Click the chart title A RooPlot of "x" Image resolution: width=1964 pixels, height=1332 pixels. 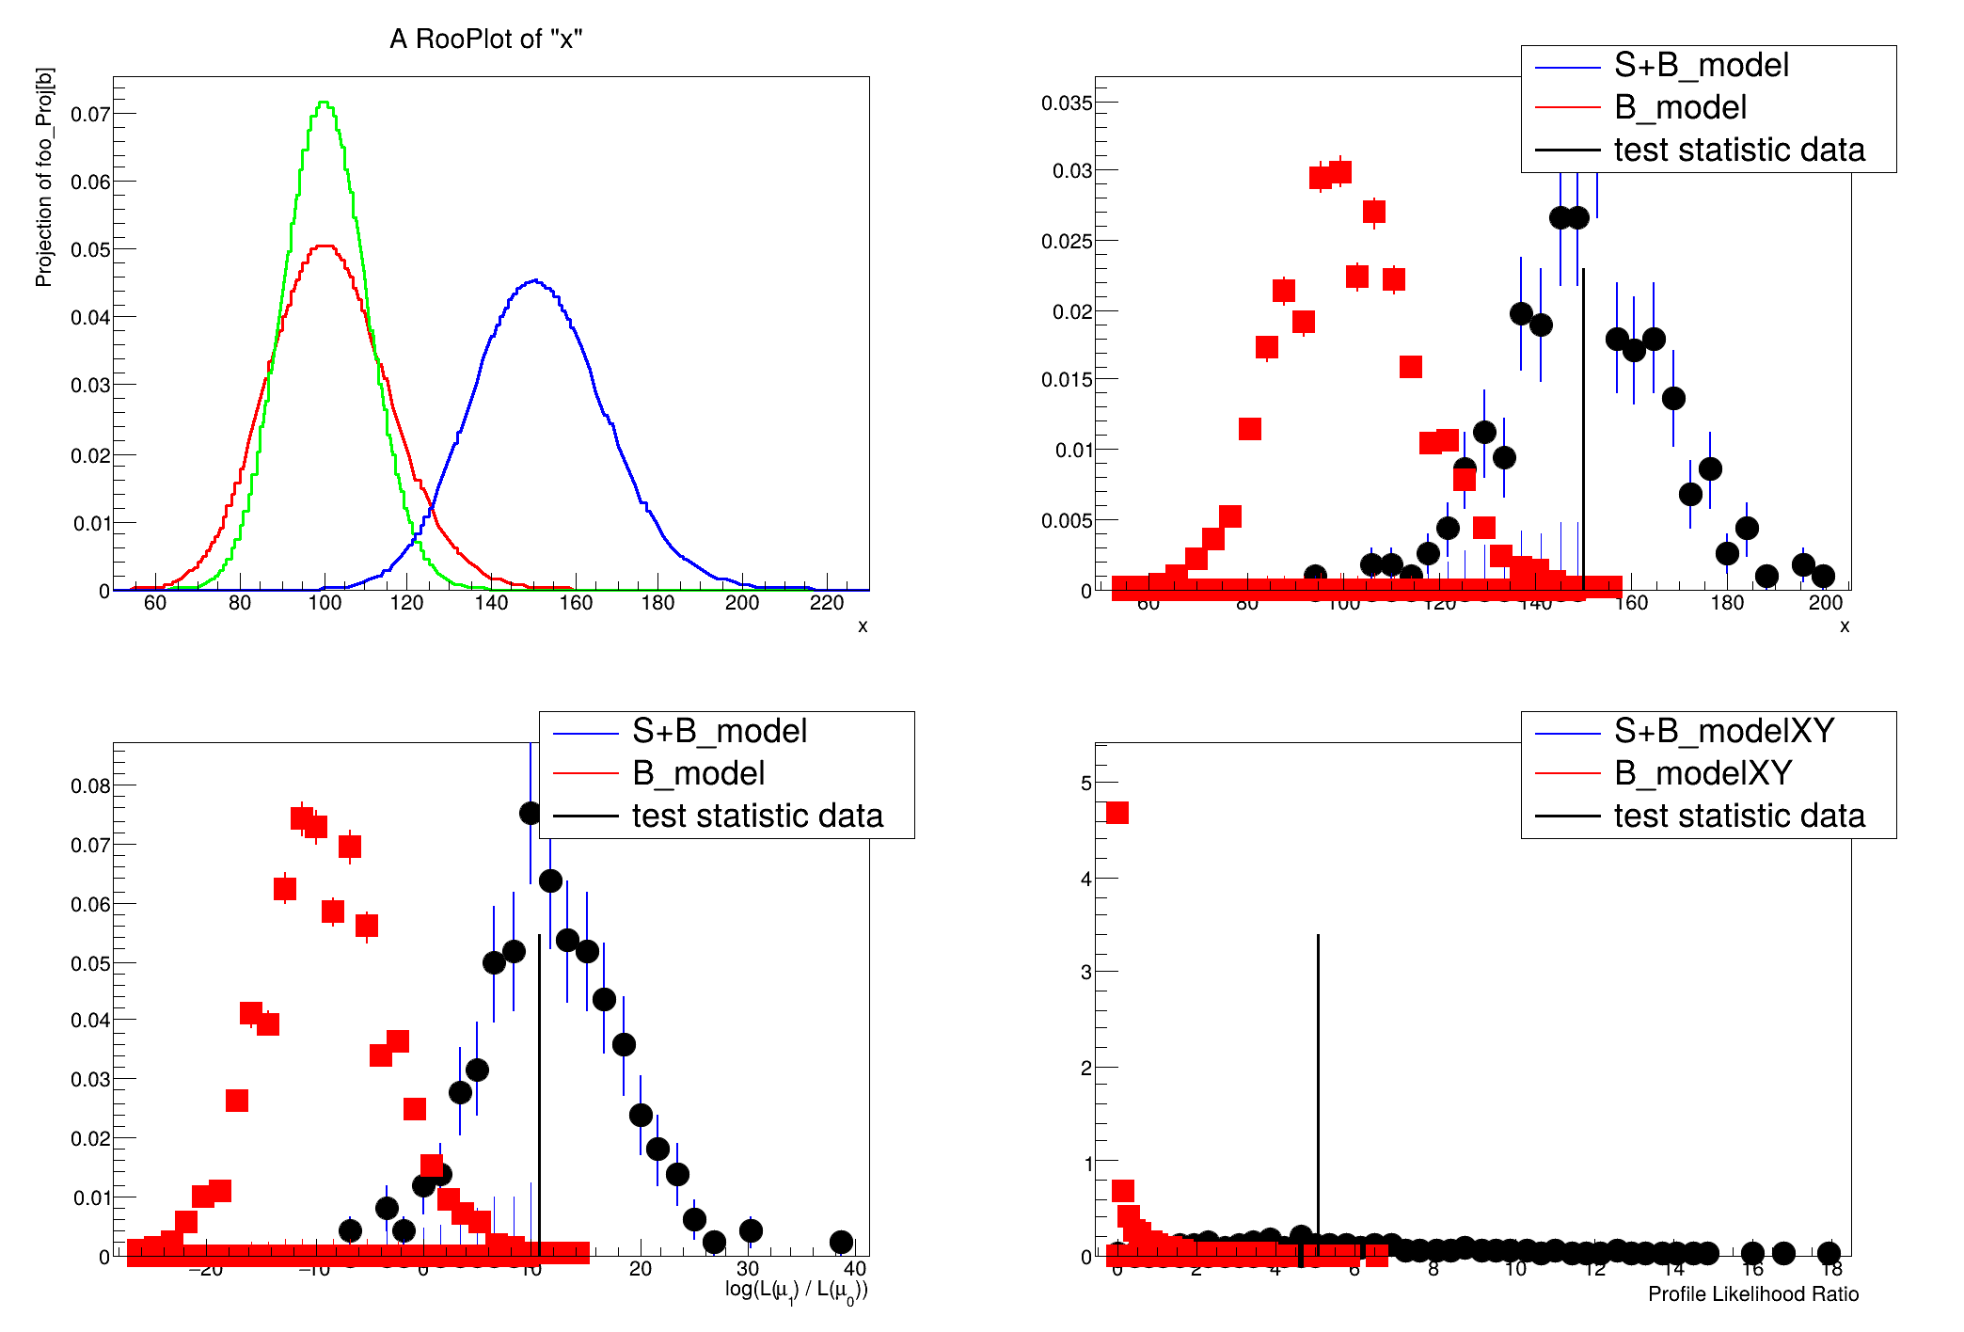[x=486, y=40]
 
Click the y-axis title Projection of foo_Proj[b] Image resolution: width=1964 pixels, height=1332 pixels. [x=44, y=177]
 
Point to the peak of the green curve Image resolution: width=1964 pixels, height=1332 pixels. [x=324, y=103]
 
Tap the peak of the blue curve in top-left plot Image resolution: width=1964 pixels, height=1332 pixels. [x=534, y=280]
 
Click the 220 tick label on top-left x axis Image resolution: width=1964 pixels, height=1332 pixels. [x=826, y=603]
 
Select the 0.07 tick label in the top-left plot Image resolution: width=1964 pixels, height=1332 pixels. [x=89, y=114]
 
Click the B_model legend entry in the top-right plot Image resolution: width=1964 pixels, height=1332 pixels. [x=1680, y=107]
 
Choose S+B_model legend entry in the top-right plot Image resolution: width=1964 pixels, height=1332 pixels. [x=1701, y=65]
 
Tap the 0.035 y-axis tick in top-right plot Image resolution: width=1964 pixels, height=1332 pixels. [x=1067, y=103]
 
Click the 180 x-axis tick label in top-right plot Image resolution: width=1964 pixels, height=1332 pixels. [x=1727, y=603]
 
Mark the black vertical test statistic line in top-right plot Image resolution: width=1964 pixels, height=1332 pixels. [x=1584, y=423]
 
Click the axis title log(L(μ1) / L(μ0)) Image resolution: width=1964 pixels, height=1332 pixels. [x=796, y=1291]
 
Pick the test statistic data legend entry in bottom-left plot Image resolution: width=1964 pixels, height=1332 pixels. [x=757, y=816]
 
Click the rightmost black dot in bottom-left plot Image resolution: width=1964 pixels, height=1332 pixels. [x=842, y=1243]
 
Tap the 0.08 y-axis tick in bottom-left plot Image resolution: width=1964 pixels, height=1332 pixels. [x=89, y=785]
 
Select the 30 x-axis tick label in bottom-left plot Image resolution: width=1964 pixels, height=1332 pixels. [x=748, y=1269]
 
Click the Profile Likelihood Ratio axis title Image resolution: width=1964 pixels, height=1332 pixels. [x=1753, y=1294]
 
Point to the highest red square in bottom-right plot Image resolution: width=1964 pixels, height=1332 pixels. [x=1117, y=813]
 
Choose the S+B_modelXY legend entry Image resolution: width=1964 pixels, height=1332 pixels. [x=1723, y=731]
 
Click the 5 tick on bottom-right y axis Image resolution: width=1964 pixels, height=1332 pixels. [x=1086, y=783]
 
